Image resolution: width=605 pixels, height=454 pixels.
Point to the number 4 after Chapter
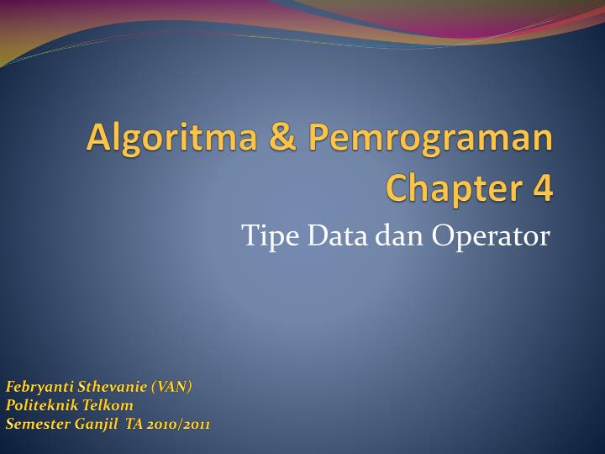tap(543, 187)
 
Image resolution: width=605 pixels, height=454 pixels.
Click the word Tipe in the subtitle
tap(262, 237)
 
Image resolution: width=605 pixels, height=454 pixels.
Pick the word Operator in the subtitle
tap(491, 236)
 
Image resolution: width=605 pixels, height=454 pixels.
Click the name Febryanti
tap(39, 387)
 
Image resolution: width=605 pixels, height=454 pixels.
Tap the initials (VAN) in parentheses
tap(171, 387)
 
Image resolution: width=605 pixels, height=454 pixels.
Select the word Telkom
tap(107, 405)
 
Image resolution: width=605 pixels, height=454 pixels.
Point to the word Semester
tap(37, 424)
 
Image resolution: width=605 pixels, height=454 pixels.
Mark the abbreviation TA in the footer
tap(134, 424)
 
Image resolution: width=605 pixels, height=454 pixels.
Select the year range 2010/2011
tap(178, 424)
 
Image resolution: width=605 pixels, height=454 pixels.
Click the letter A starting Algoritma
tap(98, 138)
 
